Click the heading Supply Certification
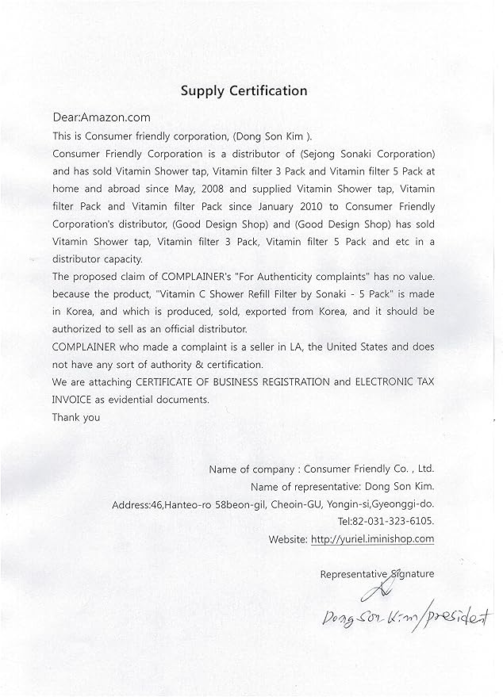tap(244, 90)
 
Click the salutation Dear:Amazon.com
tap(101, 118)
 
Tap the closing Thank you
tap(76, 417)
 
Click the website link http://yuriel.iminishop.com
tap(373, 538)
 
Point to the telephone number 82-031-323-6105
tap(397, 521)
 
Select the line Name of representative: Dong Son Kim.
tap(342, 486)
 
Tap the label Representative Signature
tap(377, 573)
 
